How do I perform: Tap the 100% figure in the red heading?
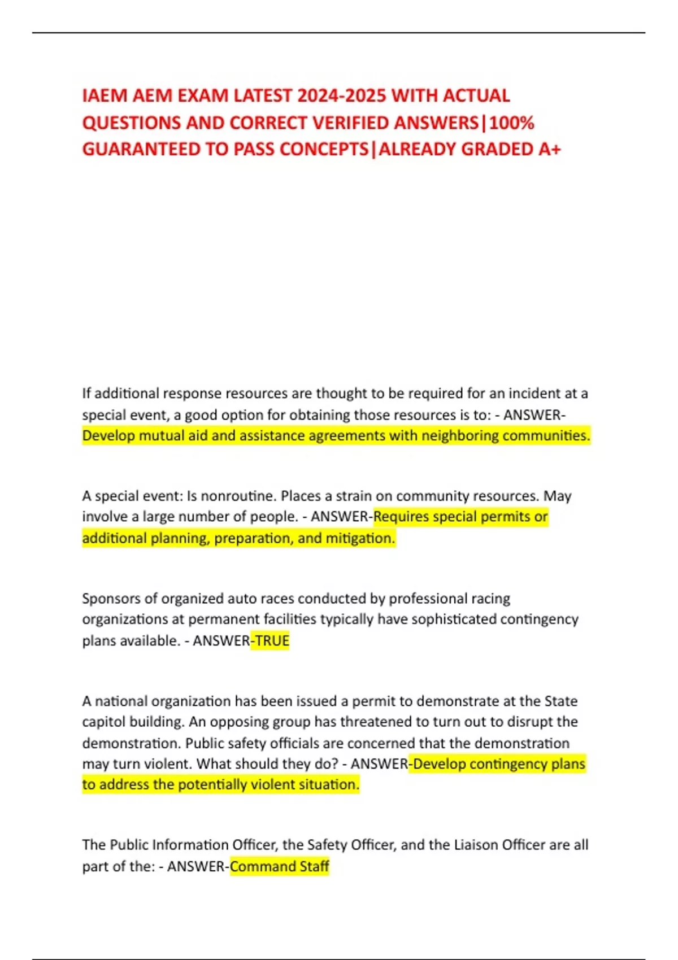pos(511,123)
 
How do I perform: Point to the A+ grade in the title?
pos(550,149)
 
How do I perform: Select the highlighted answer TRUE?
pos(272,641)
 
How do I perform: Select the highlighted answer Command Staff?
pos(280,866)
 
